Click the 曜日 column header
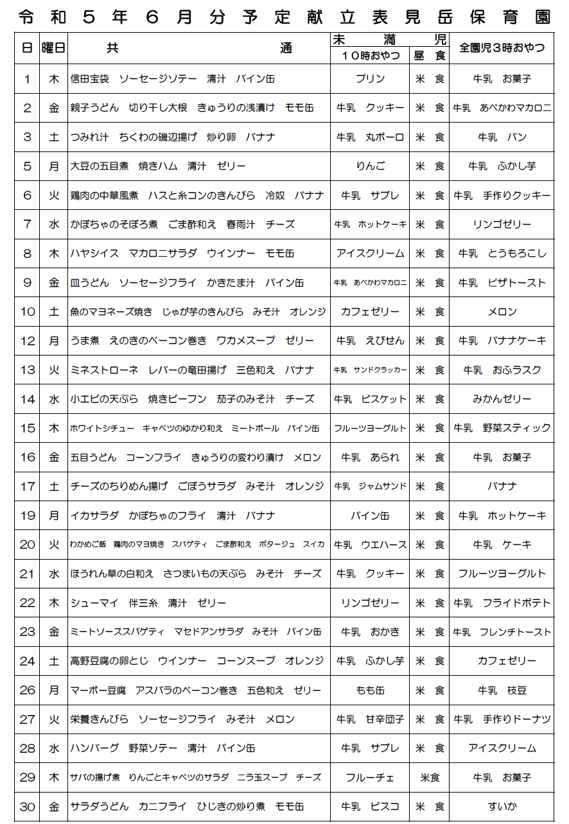tap(53, 47)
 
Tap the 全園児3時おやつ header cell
tap(502, 48)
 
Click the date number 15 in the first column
tap(27, 428)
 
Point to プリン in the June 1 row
tap(370, 79)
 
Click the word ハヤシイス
tap(94, 253)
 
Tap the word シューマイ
tap(94, 603)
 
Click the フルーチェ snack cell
tap(370, 778)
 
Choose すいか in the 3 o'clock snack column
tap(502, 807)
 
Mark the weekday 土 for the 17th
tap(54, 486)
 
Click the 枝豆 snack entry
tap(517, 691)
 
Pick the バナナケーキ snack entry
tap(517, 341)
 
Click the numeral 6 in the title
tap(152, 17)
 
